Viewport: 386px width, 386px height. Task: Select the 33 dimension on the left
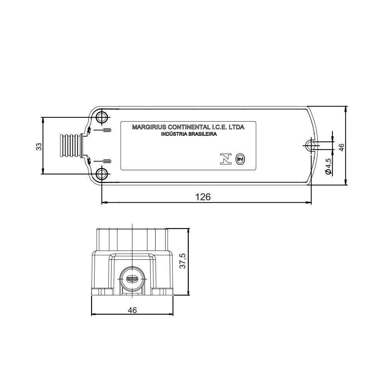point(38,146)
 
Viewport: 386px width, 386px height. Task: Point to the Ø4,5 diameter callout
point(328,166)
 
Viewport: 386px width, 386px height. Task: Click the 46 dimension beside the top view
point(341,147)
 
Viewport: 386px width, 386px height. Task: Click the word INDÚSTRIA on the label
point(173,134)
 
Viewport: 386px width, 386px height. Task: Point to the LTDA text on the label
point(236,127)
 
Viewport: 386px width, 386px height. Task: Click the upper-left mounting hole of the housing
point(102,117)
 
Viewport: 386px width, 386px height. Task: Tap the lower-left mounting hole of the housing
point(102,174)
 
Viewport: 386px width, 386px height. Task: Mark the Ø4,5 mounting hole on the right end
point(311,145)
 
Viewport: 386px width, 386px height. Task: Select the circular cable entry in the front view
point(132,279)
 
